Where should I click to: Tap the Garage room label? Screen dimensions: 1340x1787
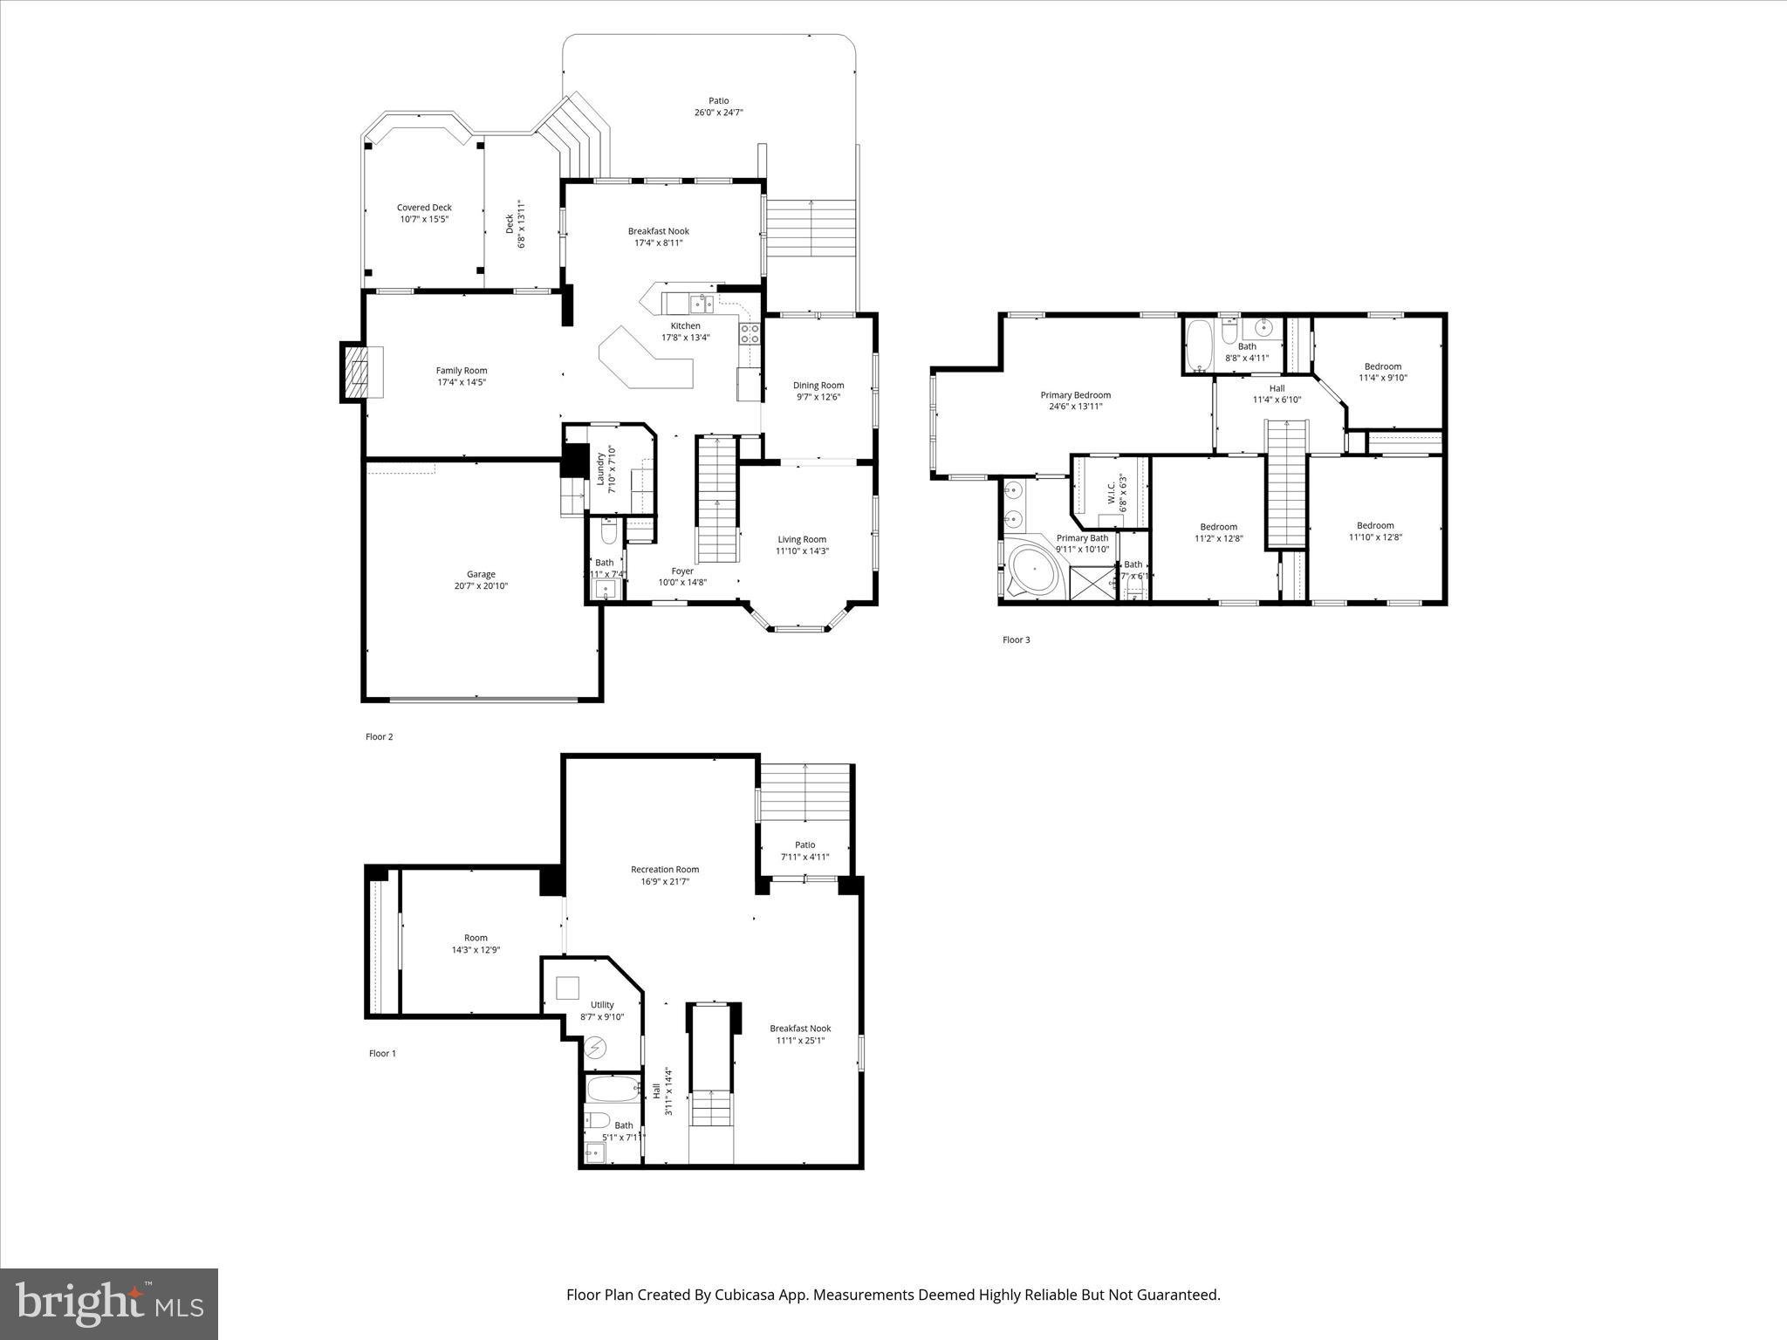[481, 574]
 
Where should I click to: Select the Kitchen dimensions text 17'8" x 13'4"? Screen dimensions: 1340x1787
[685, 338]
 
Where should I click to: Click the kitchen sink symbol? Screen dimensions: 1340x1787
[702, 304]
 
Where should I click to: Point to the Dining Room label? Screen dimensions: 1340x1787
[818, 386]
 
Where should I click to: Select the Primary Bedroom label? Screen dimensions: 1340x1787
[1075, 395]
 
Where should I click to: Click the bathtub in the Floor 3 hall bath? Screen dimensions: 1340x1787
[1200, 345]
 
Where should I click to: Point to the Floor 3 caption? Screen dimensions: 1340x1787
[1016, 639]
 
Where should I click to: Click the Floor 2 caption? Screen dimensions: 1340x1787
[379, 736]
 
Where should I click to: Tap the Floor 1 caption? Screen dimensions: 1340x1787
[382, 1053]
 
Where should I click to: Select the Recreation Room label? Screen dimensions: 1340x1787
[665, 869]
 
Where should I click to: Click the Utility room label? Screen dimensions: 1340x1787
[602, 1005]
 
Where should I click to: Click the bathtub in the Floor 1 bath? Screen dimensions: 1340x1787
[612, 1088]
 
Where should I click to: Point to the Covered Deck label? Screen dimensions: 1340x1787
[424, 208]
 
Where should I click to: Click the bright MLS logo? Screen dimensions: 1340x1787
[109, 1302]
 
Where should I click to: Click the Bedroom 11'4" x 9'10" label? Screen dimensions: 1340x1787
[1382, 366]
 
